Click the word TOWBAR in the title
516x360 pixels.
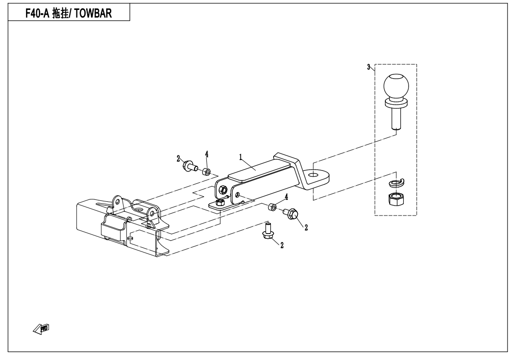tap(93, 13)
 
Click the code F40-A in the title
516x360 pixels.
tap(37, 13)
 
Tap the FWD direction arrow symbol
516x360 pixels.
tap(41, 329)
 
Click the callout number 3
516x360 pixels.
tap(369, 67)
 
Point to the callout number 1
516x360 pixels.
tap(240, 157)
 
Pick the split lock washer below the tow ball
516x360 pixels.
tap(397, 182)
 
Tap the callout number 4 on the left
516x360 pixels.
tap(207, 154)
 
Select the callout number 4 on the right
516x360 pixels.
tap(286, 197)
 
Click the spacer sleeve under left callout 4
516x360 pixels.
tap(206, 171)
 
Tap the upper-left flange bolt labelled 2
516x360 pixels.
tap(190, 165)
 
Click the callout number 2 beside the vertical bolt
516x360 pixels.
tap(282, 245)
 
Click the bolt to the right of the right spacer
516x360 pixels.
tap(291, 214)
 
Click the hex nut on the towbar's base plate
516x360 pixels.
tap(220, 203)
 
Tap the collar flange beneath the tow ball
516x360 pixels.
tap(396, 104)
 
